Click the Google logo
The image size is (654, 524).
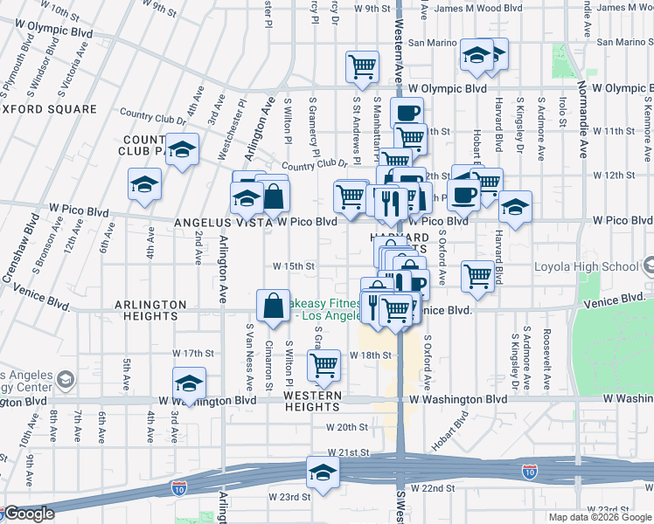coord(28,514)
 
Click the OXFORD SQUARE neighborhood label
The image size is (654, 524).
coord(48,109)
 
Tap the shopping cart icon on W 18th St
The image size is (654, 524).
coord(324,365)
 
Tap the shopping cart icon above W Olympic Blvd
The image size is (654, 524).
coord(362,65)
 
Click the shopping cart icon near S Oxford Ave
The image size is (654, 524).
coord(477,275)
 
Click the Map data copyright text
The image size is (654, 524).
coord(599,517)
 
